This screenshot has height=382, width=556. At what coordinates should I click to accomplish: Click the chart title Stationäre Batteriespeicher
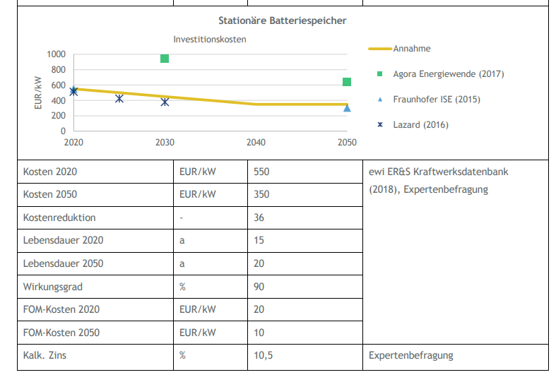click(282, 21)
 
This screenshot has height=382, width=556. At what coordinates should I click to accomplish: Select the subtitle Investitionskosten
click(210, 40)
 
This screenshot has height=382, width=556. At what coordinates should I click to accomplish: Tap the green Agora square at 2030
click(165, 58)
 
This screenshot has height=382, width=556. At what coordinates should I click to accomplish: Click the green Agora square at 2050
click(347, 82)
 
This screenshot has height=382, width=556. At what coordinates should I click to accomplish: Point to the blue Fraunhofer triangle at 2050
click(347, 108)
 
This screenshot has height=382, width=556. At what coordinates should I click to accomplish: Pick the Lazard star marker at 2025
click(119, 98)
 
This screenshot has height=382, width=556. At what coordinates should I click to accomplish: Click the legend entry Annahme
click(412, 49)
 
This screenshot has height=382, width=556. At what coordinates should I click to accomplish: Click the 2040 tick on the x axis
click(256, 143)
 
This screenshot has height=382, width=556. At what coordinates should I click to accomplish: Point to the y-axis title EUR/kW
click(39, 92)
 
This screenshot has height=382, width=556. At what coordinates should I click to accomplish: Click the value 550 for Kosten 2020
click(261, 172)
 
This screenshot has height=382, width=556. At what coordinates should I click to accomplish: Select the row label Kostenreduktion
click(59, 217)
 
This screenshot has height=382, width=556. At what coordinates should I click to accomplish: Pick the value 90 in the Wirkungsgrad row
click(259, 287)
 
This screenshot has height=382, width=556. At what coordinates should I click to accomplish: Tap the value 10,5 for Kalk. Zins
click(264, 356)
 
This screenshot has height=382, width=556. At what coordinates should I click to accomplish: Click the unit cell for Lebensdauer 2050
click(182, 263)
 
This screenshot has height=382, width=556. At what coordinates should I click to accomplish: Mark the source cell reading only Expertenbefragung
click(410, 356)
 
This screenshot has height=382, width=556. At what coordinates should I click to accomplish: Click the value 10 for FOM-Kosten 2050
click(259, 333)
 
